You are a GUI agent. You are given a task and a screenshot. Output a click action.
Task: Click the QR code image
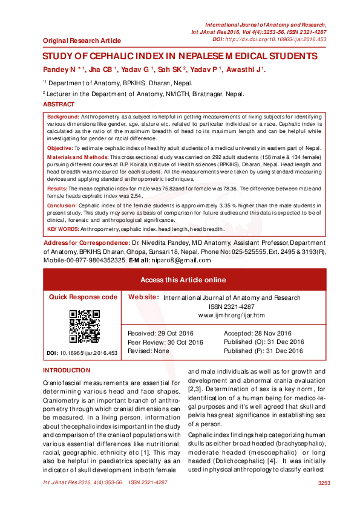pyautogui.click(x=84, y=326)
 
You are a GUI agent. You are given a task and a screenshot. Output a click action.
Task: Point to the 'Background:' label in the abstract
pyautogui.click(x=63, y=116)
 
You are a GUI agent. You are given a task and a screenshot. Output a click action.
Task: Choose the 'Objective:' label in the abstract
pyautogui.click(x=60, y=148)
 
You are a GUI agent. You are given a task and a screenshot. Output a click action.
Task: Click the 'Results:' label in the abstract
pyautogui.click(x=57, y=189)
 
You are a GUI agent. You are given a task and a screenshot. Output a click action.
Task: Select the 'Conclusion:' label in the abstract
pyautogui.click(x=62, y=206)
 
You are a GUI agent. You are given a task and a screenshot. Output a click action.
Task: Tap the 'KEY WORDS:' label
pyautogui.click(x=61, y=229)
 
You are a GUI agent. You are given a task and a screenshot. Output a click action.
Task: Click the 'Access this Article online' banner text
pyautogui.click(x=183, y=280)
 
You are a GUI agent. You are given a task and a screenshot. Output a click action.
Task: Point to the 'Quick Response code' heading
pyautogui.click(x=83, y=297)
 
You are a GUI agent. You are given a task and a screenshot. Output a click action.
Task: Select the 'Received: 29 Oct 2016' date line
pyautogui.click(x=159, y=334)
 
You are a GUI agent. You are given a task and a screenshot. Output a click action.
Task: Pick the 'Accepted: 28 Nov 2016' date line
pyautogui.click(x=257, y=334)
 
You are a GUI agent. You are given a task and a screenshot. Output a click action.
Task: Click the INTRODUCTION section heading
pyautogui.click(x=67, y=370)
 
